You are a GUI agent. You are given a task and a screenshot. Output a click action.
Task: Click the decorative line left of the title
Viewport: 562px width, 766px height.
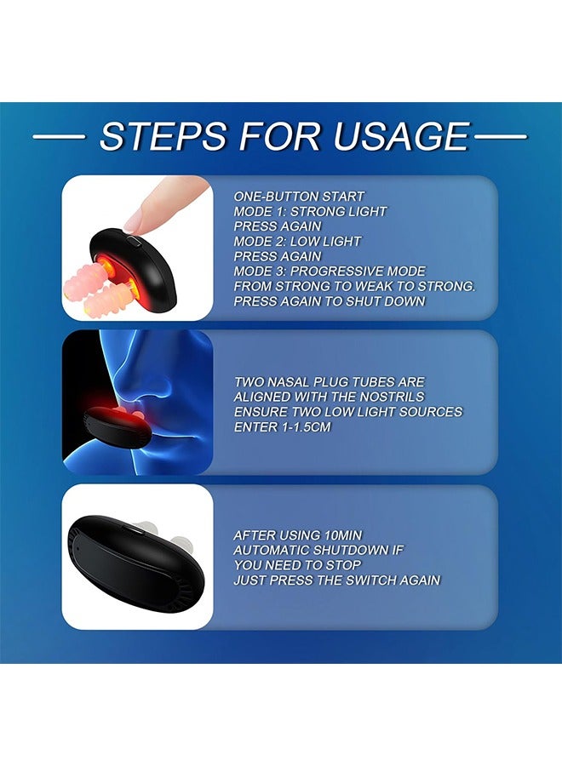(x=59, y=137)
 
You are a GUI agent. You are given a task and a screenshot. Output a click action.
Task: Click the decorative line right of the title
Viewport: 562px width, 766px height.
(x=501, y=137)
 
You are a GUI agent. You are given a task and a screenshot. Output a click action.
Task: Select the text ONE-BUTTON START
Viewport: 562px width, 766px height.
(x=299, y=197)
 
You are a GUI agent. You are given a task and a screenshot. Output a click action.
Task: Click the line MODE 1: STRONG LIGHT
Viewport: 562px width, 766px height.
(x=310, y=212)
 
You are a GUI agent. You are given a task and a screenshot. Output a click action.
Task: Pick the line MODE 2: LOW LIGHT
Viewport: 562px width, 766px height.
(x=297, y=242)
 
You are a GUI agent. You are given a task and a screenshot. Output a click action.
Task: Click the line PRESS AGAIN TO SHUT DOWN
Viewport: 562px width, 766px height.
(x=330, y=301)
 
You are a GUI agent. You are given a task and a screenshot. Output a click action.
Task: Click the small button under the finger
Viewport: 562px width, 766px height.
(x=134, y=241)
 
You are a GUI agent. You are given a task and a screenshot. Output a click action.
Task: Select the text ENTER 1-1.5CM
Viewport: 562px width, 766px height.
(x=282, y=427)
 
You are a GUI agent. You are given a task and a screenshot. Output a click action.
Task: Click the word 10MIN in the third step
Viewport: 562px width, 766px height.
(x=343, y=535)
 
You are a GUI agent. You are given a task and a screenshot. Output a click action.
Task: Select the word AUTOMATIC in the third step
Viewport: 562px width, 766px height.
(x=272, y=551)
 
